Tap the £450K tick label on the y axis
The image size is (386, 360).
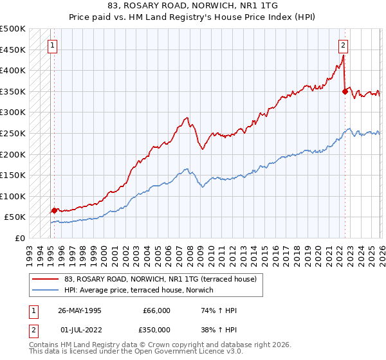[x=13, y=50]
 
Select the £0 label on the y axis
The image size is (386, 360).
[x=19, y=238]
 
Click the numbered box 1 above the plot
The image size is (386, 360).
[x=51, y=46]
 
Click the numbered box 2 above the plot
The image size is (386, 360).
[x=344, y=46]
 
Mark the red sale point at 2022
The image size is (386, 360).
[x=345, y=92]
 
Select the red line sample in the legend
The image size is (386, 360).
[x=46, y=279]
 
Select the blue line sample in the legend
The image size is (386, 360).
[x=46, y=290]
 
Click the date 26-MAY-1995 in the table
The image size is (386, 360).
[x=79, y=310]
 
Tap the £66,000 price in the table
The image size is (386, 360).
[x=157, y=310]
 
